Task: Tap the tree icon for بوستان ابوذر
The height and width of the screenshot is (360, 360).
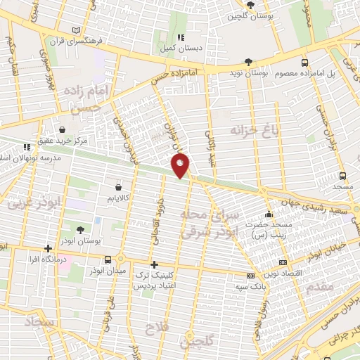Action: (x=79, y=229)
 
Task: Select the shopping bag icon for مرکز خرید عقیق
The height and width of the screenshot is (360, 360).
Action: (x=63, y=130)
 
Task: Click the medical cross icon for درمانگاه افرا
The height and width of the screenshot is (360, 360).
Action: (x=48, y=248)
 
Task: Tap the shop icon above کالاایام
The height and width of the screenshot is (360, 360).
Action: (x=118, y=188)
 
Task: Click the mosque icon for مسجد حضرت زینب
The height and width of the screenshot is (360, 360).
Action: (x=267, y=214)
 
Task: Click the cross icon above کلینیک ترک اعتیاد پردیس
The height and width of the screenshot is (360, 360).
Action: (x=153, y=264)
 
